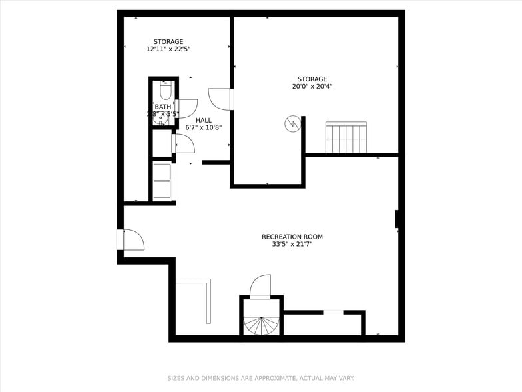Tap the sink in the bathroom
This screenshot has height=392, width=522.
coord(162,119)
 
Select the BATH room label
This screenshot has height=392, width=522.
coord(163,107)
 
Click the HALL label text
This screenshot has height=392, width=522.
coord(204,120)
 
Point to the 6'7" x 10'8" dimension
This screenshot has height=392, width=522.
coord(204,127)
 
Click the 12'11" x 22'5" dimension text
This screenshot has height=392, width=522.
coord(168,49)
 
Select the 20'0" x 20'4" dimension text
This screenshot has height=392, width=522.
coord(312,86)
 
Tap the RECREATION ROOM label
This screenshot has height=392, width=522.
coord(292,237)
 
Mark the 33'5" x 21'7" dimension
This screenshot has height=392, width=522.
coord(292,244)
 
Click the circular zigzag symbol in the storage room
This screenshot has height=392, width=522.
coord(292,124)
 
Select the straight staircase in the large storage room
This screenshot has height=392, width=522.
coord(346,137)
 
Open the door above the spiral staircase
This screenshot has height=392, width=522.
coord(260,286)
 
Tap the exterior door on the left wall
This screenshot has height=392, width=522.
coord(132,240)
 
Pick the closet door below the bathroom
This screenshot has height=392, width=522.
coord(184,143)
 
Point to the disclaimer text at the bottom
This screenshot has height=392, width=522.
coord(260,378)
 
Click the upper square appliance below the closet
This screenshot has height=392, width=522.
coord(162,171)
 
